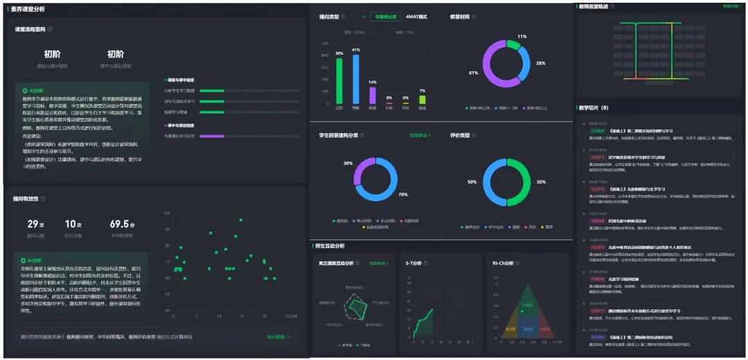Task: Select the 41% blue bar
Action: pos(356,79)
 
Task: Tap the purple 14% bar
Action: pos(373,95)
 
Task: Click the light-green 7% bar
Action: pos(422,99)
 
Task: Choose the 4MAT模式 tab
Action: pos(416,17)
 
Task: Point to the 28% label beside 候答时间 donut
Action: pos(540,63)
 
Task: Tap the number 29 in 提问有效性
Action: pos(33,224)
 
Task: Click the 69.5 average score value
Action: pos(119,224)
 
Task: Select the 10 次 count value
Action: pos(70,224)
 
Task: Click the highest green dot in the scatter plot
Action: pos(239,220)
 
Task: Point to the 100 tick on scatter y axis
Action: pos(167,212)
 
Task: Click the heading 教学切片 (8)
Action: pos(594,108)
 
